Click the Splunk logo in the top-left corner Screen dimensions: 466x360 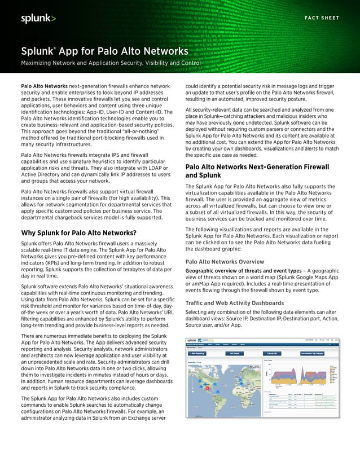point(38,19)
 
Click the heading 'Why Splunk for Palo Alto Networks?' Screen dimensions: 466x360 point(78,233)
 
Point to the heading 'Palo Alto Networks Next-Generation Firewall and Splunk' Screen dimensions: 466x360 point(257,172)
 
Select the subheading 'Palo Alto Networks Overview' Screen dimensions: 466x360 point(224,262)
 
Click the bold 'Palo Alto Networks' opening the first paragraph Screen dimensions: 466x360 point(44,86)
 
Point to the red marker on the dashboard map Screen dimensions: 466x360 point(208,388)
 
